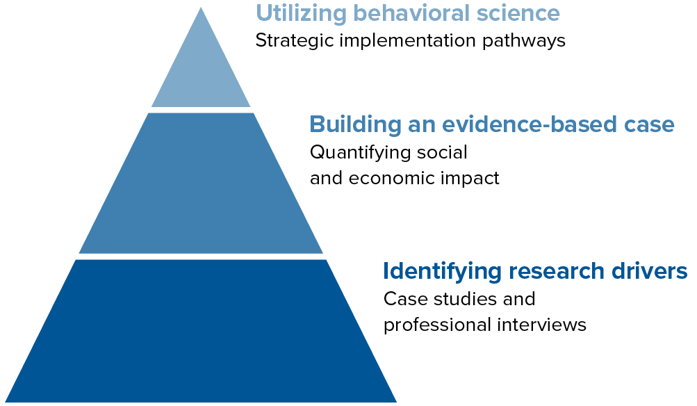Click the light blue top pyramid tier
pos(201,71)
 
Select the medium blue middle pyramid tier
pos(201,184)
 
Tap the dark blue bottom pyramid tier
pos(201,332)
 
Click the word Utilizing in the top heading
pos(301,13)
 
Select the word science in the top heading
pos(518,13)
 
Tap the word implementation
pos(408,41)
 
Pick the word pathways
pos(524,41)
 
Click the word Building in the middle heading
pos(355,124)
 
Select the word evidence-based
pos(530,124)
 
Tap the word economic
pos(392,178)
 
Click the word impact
pos(470,179)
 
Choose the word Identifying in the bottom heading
pos(442,271)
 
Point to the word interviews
pos(542,325)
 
